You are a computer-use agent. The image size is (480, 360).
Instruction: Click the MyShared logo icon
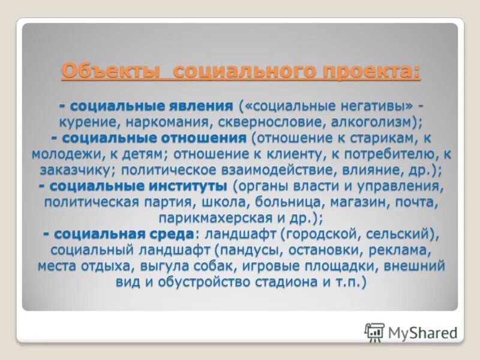[x=375, y=332]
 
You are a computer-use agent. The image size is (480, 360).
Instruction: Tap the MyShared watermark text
[x=421, y=332]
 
